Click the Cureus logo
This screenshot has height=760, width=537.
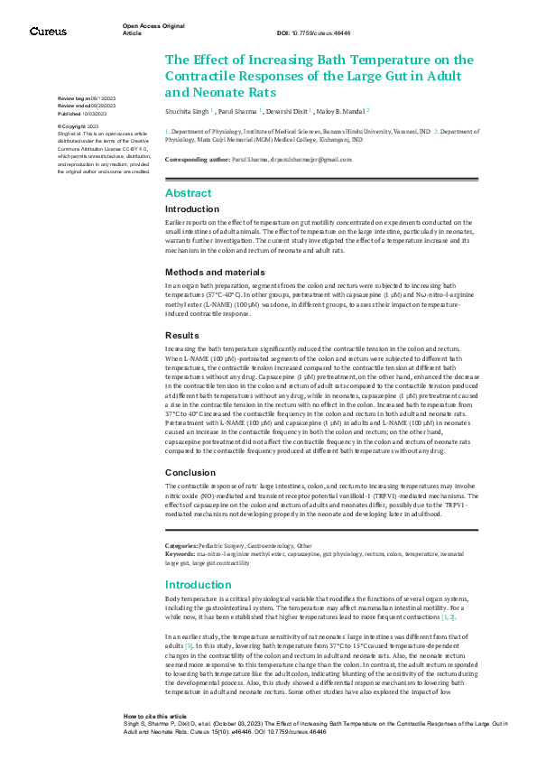[48, 32]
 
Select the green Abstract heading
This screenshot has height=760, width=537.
[188, 192]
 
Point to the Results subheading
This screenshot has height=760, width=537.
[183, 335]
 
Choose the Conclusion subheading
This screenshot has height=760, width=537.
[190, 472]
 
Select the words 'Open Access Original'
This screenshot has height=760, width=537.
[153, 27]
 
